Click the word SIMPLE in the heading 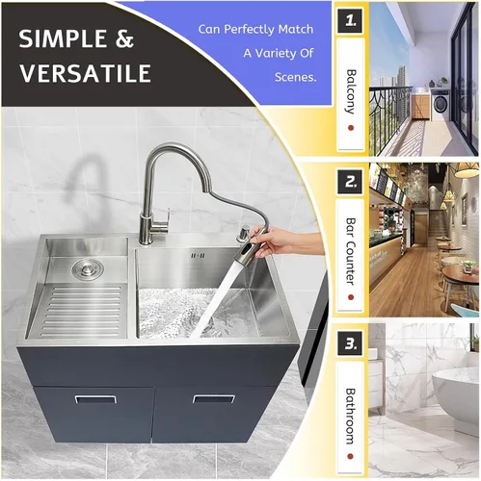pyautogui.click(x=64, y=39)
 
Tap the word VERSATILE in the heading pyautogui.click(x=85, y=73)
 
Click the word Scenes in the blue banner pyautogui.click(x=295, y=77)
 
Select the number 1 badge pyautogui.click(x=350, y=21)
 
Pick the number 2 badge pyautogui.click(x=350, y=182)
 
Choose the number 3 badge pyautogui.click(x=350, y=343)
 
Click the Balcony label pyautogui.click(x=351, y=91)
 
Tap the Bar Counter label pyautogui.click(x=351, y=251)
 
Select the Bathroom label pyautogui.click(x=351, y=416)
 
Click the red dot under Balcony pyautogui.click(x=351, y=128)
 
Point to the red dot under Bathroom pyautogui.click(x=351, y=456)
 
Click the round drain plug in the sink pyautogui.click(x=88, y=268)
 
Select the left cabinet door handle pyautogui.click(x=95, y=399)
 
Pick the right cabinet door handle pyautogui.click(x=214, y=399)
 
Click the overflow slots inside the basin pyautogui.click(x=198, y=256)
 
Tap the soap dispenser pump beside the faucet pyautogui.click(x=244, y=233)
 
